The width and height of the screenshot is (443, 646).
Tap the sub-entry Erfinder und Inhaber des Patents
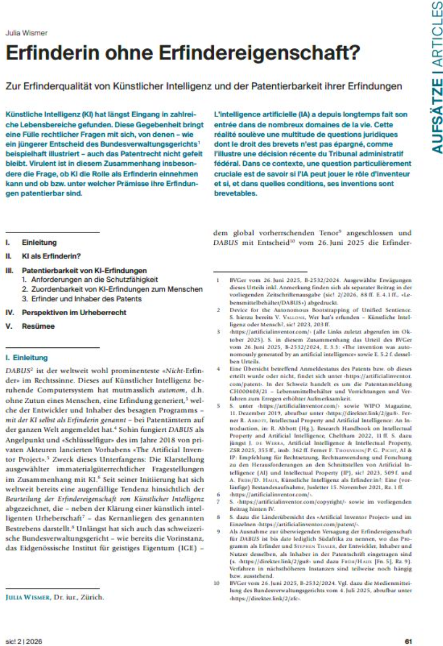pos(82,299)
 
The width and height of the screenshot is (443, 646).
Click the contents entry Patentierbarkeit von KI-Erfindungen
pos(84,270)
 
